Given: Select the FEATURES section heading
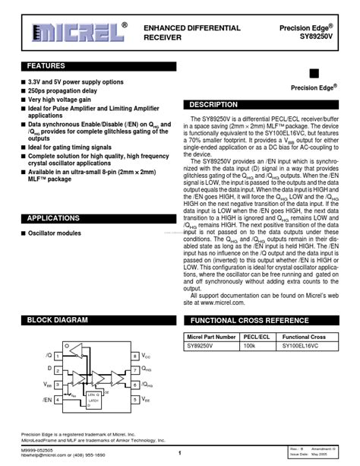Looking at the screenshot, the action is pyautogui.click(x=47, y=66).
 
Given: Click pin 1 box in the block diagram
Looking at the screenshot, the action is pyautogui.click(x=58, y=356).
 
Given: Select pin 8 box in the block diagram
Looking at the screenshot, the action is pyautogui.click(x=135, y=356).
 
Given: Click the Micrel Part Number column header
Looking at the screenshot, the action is pyautogui.click(x=211, y=336).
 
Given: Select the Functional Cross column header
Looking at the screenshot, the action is pyautogui.click(x=304, y=336).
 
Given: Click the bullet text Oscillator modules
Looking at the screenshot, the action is pyautogui.click(x=55, y=233).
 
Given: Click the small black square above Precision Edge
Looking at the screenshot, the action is pyautogui.click(x=314, y=74).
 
